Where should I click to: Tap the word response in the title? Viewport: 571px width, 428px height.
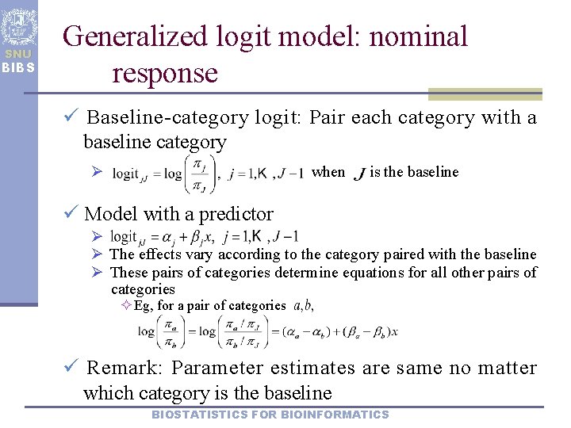tap(165, 73)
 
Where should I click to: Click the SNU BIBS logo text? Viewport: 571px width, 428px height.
tap(17, 61)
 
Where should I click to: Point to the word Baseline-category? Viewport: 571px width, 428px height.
tap(167, 118)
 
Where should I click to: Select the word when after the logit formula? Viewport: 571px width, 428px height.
tap(328, 172)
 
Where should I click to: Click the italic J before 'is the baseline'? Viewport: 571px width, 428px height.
tap(362, 173)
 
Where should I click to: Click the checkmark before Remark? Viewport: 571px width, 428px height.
tap(71, 367)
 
